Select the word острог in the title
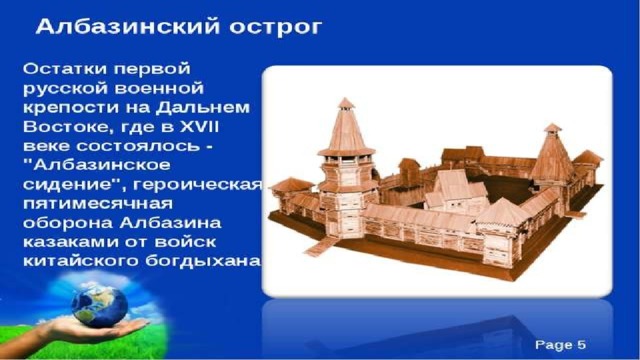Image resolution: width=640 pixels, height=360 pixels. (276, 28)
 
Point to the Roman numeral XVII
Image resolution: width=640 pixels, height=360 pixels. (200, 127)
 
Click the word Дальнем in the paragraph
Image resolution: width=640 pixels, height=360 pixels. (203, 108)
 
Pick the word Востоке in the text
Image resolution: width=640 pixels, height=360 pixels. (65, 127)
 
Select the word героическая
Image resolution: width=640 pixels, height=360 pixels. (198, 185)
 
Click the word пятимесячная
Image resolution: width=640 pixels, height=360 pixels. (98, 204)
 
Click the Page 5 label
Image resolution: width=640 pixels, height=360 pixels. (560, 345)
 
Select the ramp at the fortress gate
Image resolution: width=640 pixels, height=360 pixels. (322, 246)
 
